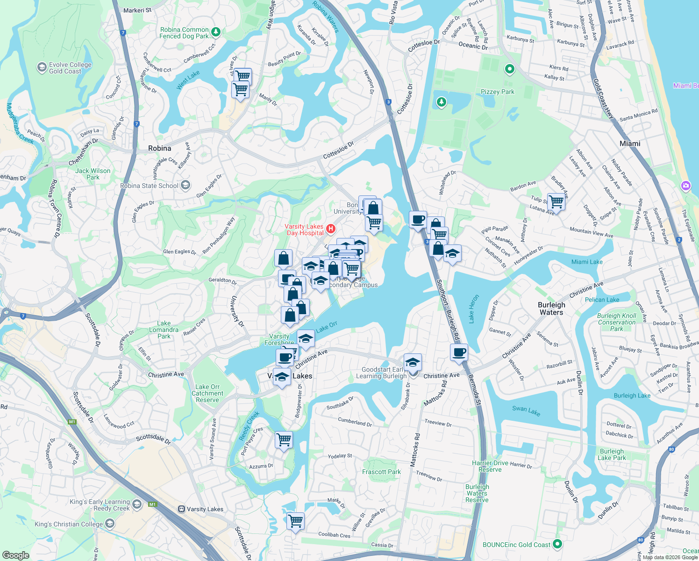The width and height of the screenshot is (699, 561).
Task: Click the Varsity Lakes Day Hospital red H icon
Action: [331, 229]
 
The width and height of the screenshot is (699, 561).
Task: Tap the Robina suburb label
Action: [159, 148]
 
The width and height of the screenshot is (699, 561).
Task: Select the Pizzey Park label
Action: [497, 92]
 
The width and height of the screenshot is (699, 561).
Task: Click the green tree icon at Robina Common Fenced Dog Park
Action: [215, 32]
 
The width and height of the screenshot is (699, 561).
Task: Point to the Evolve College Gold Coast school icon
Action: [42, 68]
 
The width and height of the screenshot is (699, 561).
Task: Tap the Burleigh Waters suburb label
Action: [551, 309]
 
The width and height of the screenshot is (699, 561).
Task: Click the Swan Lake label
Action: [526, 410]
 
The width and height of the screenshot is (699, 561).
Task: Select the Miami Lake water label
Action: [587, 262]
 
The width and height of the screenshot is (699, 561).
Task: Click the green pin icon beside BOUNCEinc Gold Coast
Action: [557, 544]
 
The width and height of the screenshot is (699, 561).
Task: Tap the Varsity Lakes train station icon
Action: [181, 509]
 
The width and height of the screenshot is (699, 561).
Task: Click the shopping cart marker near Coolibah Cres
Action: [295, 520]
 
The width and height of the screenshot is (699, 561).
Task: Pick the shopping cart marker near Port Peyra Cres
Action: [284, 439]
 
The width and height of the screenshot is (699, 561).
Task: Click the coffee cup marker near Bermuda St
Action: [459, 352]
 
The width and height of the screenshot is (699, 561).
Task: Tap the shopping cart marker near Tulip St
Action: [556, 202]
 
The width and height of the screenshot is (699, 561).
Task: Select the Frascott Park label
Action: [381, 472]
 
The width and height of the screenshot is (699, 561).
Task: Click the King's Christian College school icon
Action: [110, 524]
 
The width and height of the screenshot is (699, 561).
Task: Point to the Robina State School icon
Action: [185, 185]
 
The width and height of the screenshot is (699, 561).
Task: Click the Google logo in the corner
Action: [15, 555]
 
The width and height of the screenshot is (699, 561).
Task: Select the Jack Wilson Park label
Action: [93, 174]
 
